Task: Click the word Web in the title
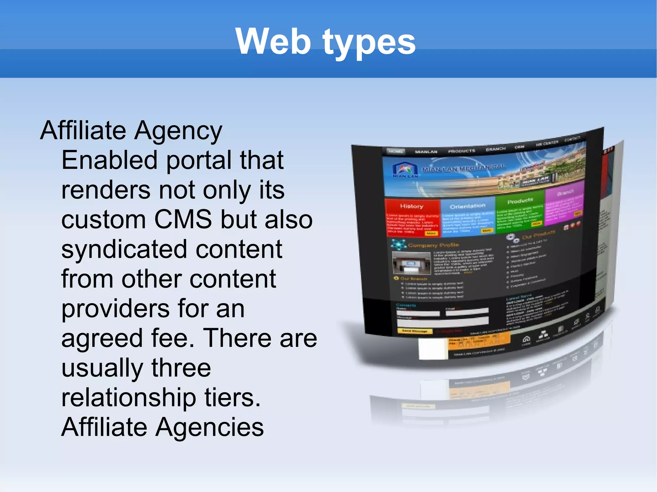[x=273, y=42]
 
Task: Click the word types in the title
[x=369, y=43]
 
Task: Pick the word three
[x=181, y=368]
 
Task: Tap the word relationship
[x=129, y=398]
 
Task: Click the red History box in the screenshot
[x=412, y=218]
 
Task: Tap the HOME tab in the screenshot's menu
[x=396, y=152]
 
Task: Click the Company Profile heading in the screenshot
[x=433, y=245]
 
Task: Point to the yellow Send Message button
[x=414, y=331]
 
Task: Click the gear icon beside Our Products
[x=512, y=238]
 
